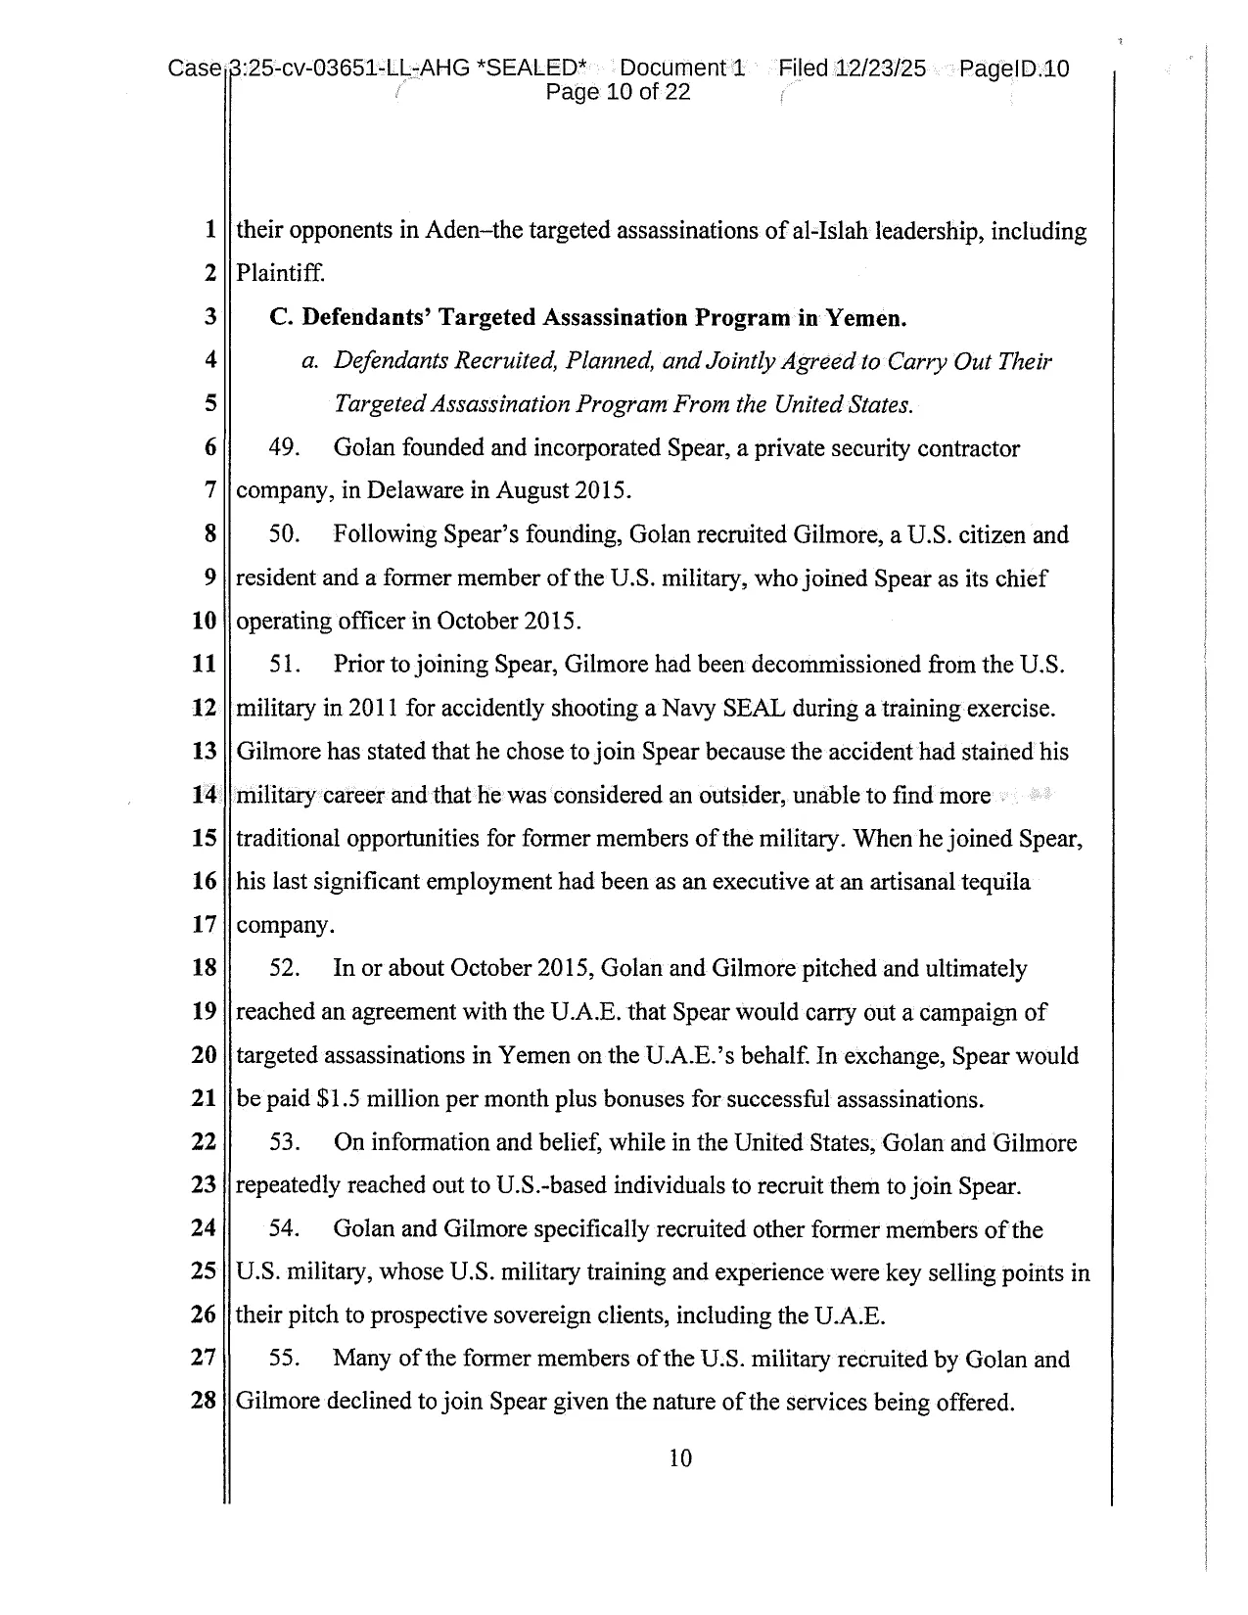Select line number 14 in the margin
204,795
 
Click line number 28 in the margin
204,1401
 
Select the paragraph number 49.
284,448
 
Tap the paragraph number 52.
284,969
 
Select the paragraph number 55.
284,1359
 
